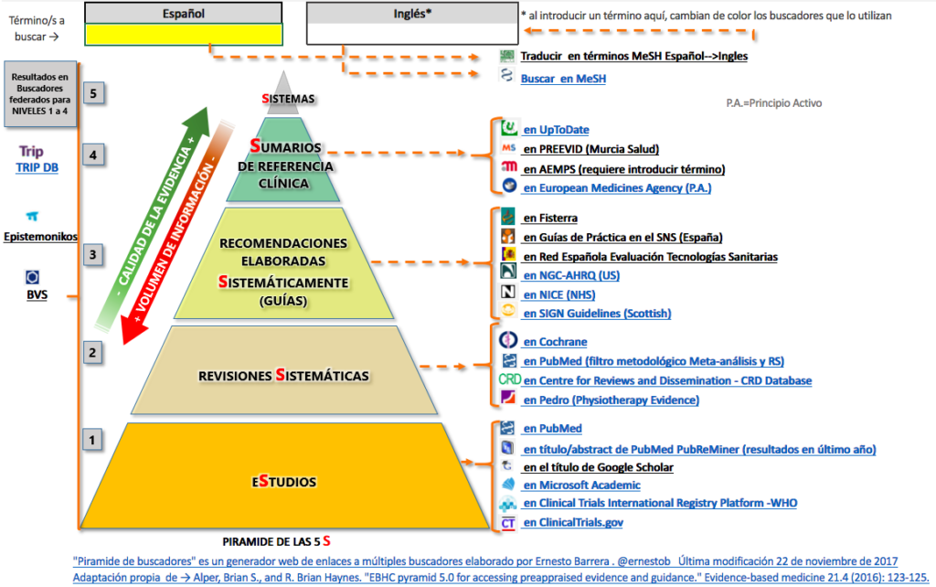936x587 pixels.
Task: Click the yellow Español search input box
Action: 183,34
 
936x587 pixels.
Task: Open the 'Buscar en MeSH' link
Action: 563,79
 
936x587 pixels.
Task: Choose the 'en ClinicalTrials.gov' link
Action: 573,523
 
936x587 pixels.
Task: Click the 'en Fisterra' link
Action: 550,218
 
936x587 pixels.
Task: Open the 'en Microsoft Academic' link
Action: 581,486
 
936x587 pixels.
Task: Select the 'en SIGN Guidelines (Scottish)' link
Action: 597,313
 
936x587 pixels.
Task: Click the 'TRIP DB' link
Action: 37,167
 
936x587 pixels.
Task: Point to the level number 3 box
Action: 92,254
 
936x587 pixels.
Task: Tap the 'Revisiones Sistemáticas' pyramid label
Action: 284,376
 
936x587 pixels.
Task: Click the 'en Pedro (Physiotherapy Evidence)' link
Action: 611,400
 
